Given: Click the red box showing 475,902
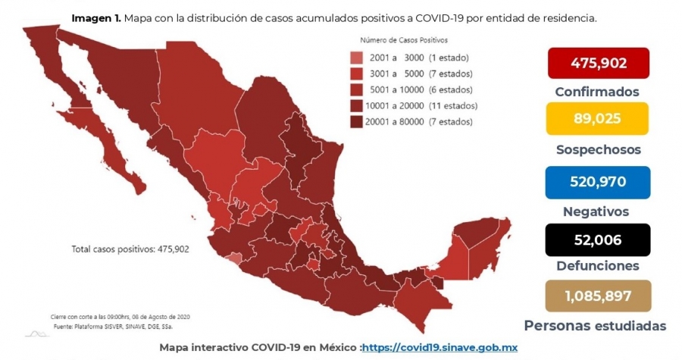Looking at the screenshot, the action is coord(599,63).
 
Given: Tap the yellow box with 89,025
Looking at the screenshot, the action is coord(597,118).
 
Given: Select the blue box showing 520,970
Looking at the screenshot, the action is coord(598,182).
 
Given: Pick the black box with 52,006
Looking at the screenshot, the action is coord(598,239).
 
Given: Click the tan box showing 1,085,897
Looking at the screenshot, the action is coord(598,296).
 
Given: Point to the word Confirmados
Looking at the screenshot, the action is coord(597,92).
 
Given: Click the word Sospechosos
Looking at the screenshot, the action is coord(599,149).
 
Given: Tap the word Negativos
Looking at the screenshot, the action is coord(596,211).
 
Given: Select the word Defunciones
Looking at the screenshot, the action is coord(598,266).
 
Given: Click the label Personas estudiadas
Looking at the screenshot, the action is coord(595,326).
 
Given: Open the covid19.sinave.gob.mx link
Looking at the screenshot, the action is coord(440,347).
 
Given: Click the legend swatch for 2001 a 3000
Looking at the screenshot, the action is coord(356,58).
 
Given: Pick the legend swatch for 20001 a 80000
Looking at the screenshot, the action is coord(356,122).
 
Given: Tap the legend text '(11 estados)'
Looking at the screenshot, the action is coord(453,105).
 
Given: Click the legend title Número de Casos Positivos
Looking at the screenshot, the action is coord(404,40).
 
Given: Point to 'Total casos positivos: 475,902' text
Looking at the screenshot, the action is coord(130,249).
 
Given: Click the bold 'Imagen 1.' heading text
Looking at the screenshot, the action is coord(96,18).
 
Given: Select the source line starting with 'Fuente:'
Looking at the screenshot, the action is coord(116,326).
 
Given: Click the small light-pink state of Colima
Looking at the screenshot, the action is coord(235,258).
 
